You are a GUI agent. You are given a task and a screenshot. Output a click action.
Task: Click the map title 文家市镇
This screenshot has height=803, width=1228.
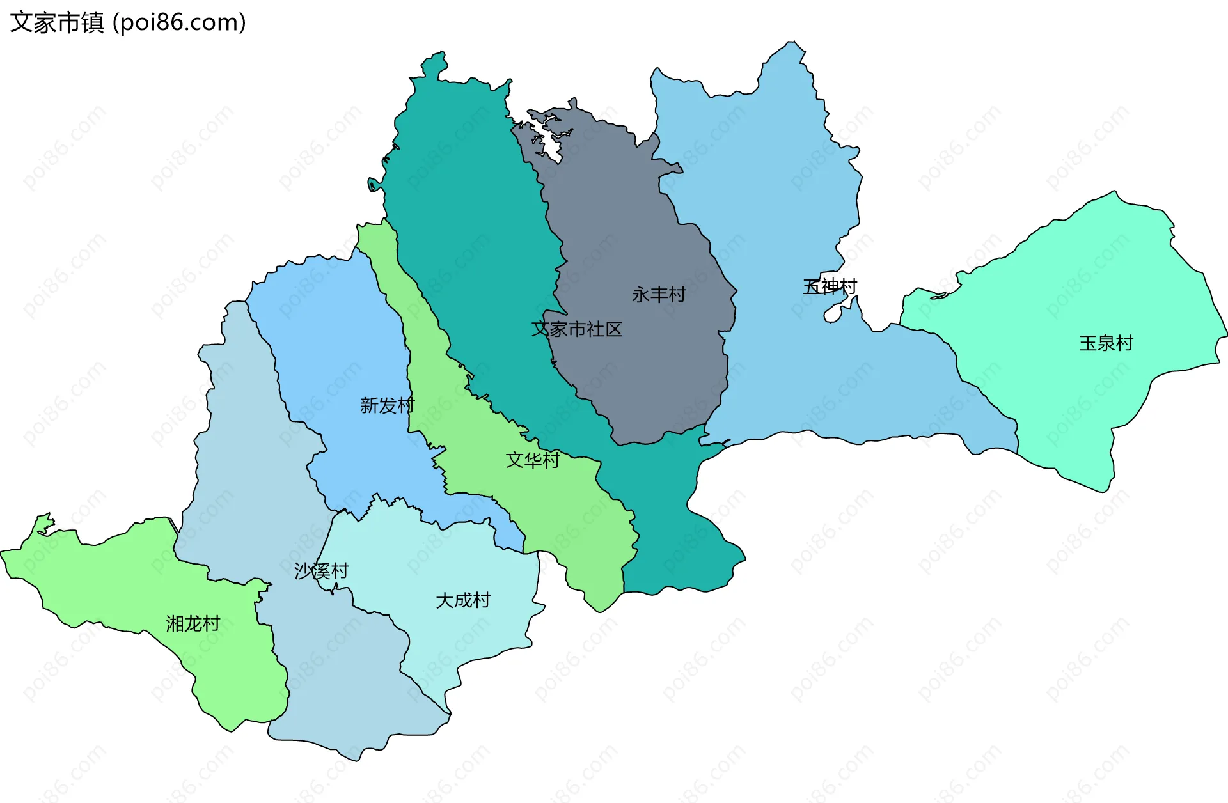pos(56,22)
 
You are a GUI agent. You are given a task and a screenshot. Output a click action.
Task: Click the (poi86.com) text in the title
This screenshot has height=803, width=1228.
pos(179,22)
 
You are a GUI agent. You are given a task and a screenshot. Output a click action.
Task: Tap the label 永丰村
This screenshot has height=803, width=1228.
pos(659,295)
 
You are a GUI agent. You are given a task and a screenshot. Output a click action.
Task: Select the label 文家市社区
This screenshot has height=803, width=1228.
pos(577,329)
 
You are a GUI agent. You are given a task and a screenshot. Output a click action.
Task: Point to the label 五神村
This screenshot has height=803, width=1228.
pos(830,286)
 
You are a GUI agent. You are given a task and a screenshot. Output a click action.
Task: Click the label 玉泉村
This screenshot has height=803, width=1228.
pos(1106,343)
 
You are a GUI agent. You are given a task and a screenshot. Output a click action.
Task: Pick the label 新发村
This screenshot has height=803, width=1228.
pos(387,405)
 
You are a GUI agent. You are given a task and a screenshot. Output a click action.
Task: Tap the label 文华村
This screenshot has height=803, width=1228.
pos(533,460)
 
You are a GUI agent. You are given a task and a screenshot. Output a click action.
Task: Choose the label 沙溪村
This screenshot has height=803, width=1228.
pos(321,571)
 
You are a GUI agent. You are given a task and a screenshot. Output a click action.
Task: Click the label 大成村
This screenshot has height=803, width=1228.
pos(462,600)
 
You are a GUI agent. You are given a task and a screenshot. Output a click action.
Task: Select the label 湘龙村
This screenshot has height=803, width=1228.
pos(193,623)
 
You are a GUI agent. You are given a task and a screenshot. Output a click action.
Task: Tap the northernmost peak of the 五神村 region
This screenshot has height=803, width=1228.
pos(793,43)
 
